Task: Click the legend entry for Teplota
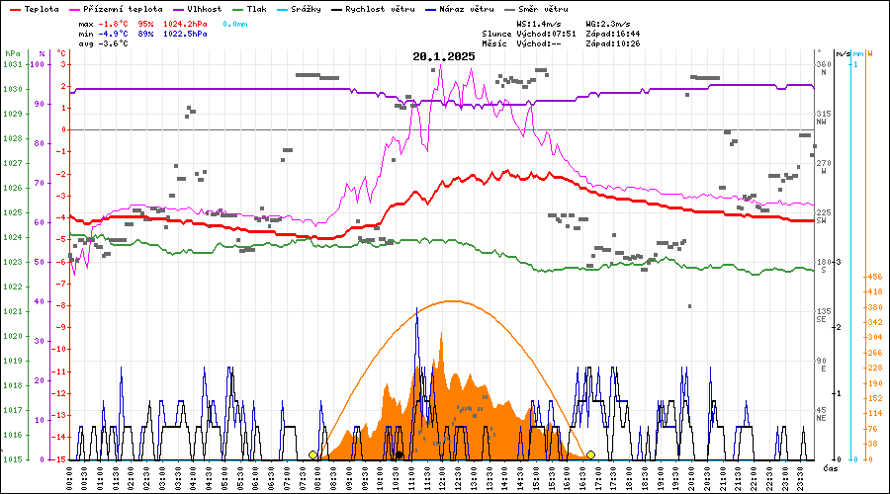click(x=41, y=9)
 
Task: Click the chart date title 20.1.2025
click(x=444, y=56)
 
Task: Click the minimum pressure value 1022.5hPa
click(x=186, y=34)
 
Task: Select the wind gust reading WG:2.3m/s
click(x=611, y=23)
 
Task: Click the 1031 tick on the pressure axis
click(x=12, y=64)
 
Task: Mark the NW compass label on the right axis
click(x=822, y=123)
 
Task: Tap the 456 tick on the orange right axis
click(x=874, y=278)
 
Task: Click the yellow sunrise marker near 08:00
click(x=313, y=454)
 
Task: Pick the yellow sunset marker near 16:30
click(x=590, y=454)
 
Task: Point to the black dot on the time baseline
click(x=400, y=455)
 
